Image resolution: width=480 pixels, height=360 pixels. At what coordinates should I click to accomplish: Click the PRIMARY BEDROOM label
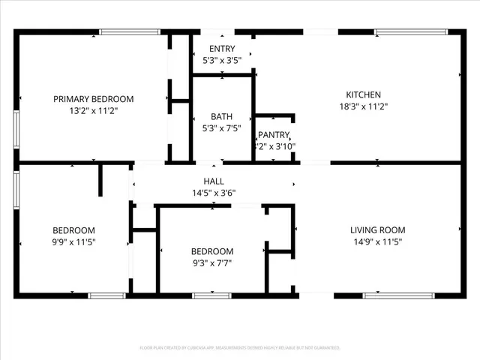point(93,99)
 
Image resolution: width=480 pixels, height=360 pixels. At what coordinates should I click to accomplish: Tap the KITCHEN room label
point(363,94)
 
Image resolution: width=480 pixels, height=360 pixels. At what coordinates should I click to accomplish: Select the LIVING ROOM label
point(378,229)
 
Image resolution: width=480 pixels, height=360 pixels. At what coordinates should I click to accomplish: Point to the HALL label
point(214,181)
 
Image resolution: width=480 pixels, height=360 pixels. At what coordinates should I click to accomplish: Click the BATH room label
point(221,116)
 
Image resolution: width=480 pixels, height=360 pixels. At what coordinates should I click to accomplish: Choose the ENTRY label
point(221,48)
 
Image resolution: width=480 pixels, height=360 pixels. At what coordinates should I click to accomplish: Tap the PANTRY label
point(274,135)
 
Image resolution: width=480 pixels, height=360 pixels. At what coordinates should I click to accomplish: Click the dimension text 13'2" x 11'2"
point(93,110)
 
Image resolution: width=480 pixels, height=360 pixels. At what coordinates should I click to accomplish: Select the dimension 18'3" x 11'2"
point(363,106)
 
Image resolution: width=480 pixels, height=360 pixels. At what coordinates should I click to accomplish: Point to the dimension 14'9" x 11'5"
point(378,241)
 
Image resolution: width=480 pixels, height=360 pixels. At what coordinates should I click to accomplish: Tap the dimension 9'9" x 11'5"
point(73,241)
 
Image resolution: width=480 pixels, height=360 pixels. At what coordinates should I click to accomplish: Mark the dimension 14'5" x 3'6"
point(214,193)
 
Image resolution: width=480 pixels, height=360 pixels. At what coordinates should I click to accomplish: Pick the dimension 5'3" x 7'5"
point(221,128)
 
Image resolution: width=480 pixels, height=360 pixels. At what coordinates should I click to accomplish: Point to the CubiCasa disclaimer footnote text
point(240,348)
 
